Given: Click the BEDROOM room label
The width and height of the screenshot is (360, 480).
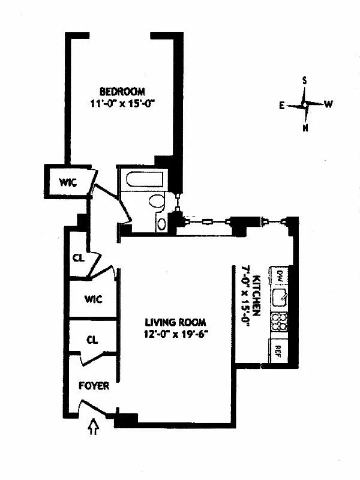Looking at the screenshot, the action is tap(122, 92).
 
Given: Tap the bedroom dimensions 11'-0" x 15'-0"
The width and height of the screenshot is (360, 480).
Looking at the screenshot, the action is tap(122, 103).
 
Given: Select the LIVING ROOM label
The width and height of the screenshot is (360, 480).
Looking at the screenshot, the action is tap(175, 322).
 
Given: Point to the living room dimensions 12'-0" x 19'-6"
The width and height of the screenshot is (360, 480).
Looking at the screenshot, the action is tap(176, 334).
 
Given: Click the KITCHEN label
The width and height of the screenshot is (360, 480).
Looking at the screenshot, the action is tap(257, 296).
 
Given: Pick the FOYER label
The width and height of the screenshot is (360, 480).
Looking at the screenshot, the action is tap(94, 386).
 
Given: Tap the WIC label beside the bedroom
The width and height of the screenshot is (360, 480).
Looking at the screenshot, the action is tap(68, 182).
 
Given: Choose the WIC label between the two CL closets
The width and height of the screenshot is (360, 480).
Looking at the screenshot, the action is tap(94, 299).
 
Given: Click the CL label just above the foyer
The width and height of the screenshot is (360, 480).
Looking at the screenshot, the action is tap(92, 340).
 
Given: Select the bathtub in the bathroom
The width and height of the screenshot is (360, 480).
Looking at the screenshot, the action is tap(145, 179).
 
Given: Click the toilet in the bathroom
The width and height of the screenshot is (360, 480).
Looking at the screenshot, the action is tap(157, 202).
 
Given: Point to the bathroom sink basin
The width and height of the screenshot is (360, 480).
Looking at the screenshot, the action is tap(161, 224).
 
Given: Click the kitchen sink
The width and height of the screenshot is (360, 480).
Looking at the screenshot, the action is tap(279, 298).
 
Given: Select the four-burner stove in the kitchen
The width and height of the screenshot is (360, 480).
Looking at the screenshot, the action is tap(279, 322).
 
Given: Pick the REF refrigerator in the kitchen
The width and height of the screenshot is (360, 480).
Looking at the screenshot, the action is tap(278, 351).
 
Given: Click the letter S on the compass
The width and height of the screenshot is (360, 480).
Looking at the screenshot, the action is tap(304, 80).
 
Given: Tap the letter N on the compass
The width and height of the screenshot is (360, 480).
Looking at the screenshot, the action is tap(305, 128).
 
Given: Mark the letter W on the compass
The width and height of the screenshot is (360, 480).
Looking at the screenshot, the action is tap(328, 104).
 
